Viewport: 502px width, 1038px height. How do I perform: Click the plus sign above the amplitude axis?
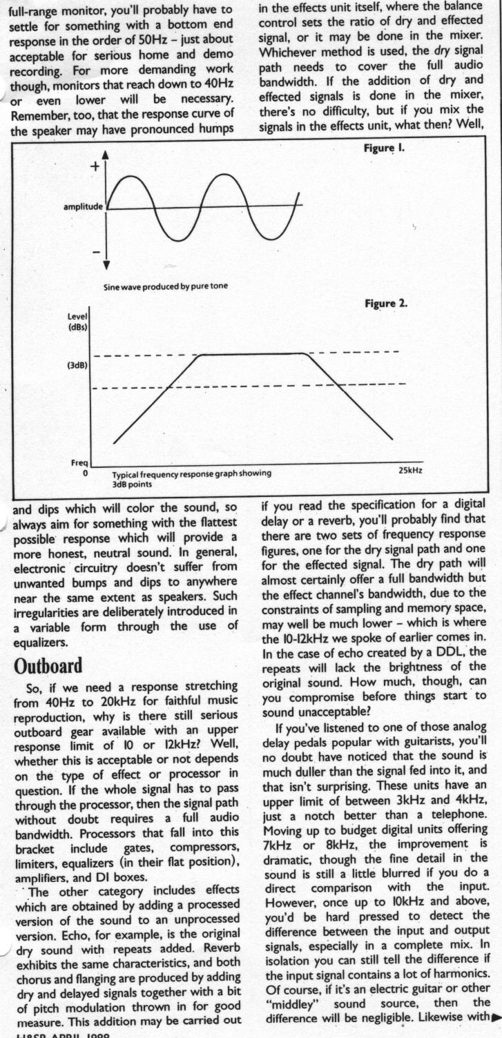(x=95, y=166)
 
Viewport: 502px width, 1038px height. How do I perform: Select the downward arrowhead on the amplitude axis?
(x=106, y=264)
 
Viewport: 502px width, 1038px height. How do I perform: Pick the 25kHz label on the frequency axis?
(x=410, y=470)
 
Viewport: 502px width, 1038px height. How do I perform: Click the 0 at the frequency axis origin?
(x=86, y=474)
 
